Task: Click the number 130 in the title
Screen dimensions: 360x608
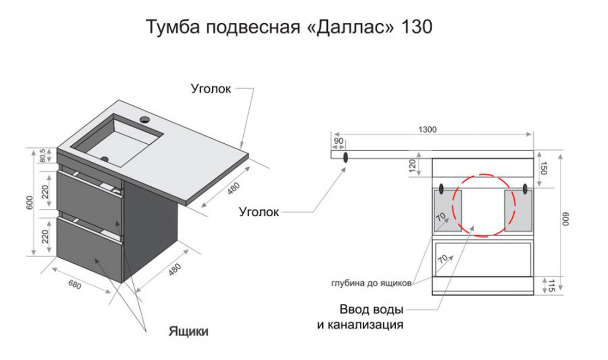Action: (x=417, y=27)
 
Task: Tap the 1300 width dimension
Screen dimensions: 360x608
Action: (x=427, y=130)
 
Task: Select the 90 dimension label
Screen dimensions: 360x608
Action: (x=338, y=141)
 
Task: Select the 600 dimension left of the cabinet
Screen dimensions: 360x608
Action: (x=30, y=203)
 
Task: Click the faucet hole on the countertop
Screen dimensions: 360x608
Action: (x=145, y=120)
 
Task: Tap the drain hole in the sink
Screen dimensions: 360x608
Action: (x=104, y=158)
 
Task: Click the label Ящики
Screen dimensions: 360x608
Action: (x=188, y=332)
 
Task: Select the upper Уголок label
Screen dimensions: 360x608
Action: (x=211, y=89)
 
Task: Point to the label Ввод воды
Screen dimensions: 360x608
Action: (x=371, y=309)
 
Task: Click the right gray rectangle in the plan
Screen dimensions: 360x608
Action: (x=518, y=210)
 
